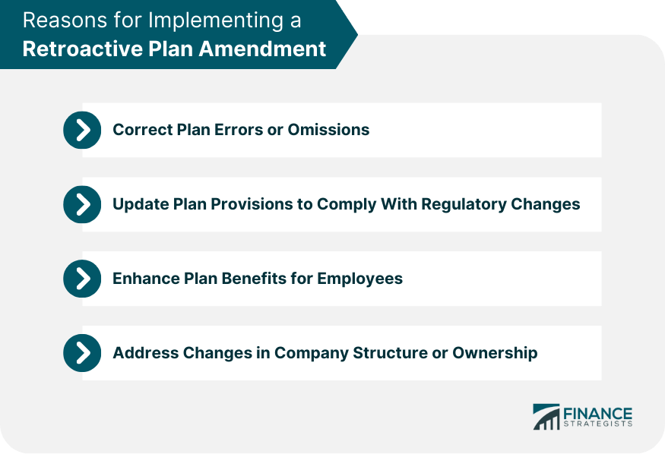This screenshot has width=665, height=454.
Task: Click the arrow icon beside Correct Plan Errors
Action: tap(82, 130)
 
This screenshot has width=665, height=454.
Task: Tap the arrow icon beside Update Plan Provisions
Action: tap(82, 204)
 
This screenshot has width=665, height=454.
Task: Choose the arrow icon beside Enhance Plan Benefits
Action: tap(82, 279)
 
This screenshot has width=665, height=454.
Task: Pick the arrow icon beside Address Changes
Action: tap(82, 353)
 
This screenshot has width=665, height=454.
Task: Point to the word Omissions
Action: tap(328, 130)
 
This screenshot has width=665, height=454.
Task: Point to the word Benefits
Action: tap(255, 279)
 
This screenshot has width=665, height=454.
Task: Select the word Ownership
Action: tap(495, 353)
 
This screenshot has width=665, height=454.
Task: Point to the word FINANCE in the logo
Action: tap(597, 413)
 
